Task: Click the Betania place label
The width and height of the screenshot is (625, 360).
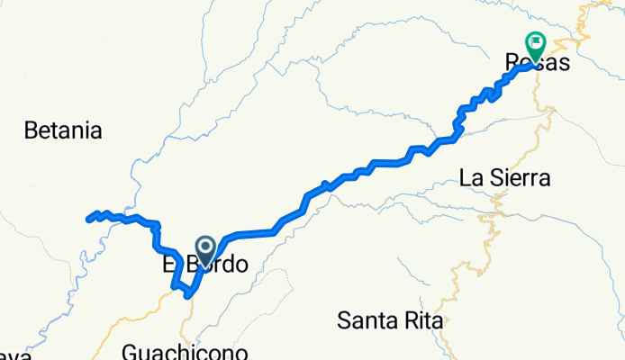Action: pyautogui.click(x=63, y=131)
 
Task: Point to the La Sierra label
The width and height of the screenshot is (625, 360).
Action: pyautogui.click(x=504, y=178)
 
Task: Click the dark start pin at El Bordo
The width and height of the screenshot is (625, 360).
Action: pyautogui.click(x=204, y=248)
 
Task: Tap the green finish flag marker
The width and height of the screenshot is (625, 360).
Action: pyautogui.click(x=535, y=42)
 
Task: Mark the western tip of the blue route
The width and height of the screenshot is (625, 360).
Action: pyautogui.click(x=87, y=218)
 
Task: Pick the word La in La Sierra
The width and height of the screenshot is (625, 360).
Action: pyautogui.click(x=471, y=178)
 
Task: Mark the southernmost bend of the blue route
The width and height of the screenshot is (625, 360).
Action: pyautogui.click(x=187, y=295)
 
